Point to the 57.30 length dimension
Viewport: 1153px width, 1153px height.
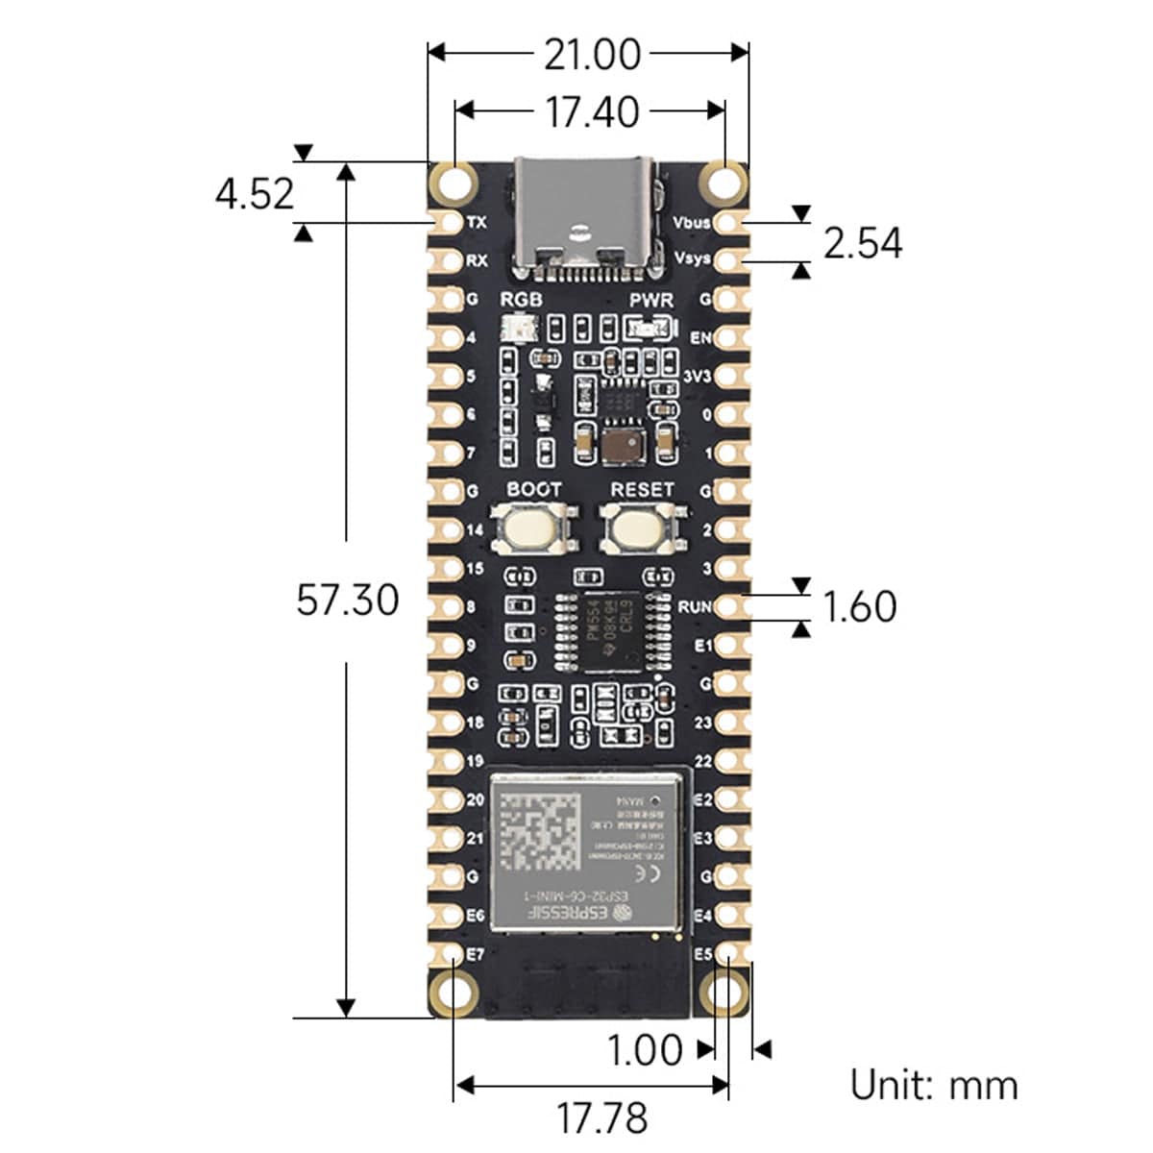click(347, 600)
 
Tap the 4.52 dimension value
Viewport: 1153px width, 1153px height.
click(255, 194)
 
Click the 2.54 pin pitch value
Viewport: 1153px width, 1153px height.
click(862, 243)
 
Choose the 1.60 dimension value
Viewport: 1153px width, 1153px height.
click(859, 606)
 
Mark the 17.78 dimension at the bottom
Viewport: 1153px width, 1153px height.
click(602, 1117)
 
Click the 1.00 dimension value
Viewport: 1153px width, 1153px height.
click(645, 1050)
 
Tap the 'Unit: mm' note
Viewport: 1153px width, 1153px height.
click(933, 1085)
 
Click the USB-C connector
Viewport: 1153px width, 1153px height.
click(588, 216)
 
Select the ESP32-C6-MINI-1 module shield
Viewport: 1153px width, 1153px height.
click(589, 850)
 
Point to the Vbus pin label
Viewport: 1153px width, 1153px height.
click(691, 223)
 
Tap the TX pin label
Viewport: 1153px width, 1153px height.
click(477, 223)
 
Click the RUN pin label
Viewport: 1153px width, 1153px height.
click(695, 607)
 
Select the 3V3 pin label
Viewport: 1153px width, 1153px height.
click(697, 377)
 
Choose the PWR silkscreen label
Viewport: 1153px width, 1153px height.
click(651, 301)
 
